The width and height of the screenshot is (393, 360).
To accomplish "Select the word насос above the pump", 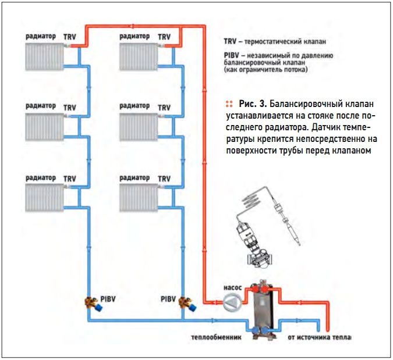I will pyautogui.click(x=232, y=287).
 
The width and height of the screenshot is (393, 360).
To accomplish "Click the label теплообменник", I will pyautogui.click(x=215, y=337).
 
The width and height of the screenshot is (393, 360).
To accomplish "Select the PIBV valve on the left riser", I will pyautogui.click(x=91, y=304).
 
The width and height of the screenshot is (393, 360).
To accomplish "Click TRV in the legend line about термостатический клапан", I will pyautogui.click(x=231, y=42).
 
